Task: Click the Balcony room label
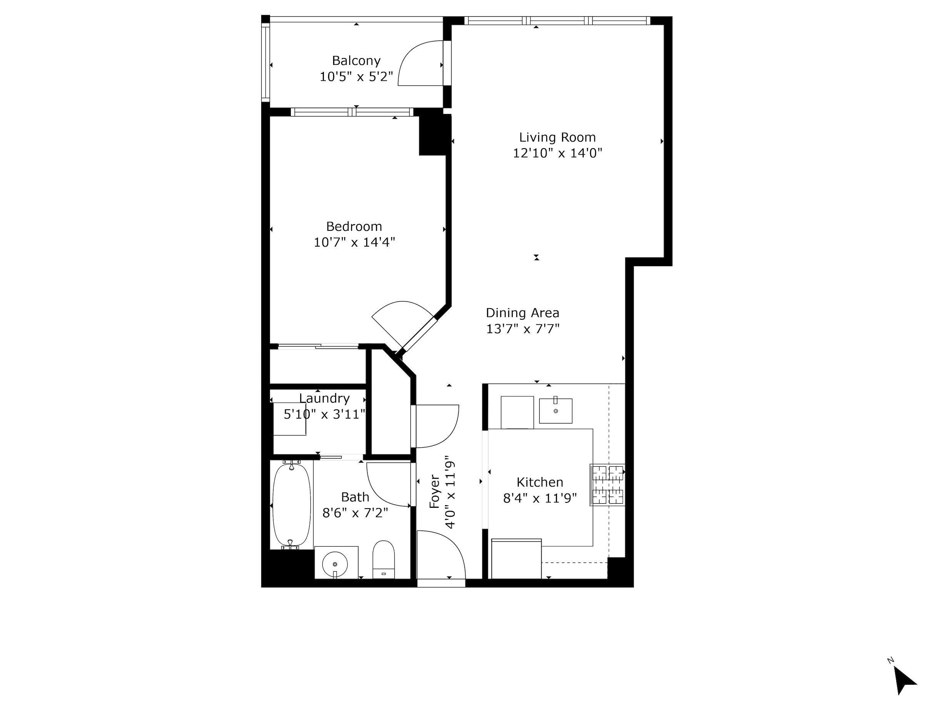pyautogui.click(x=356, y=61)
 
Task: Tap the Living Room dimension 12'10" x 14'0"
pyautogui.click(x=557, y=153)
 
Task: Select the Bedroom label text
pyautogui.click(x=354, y=226)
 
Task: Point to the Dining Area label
pyautogui.click(x=522, y=313)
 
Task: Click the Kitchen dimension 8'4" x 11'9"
pyautogui.click(x=540, y=498)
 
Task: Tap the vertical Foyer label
pyautogui.click(x=434, y=492)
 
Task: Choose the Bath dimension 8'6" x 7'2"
pyautogui.click(x=355, y=513)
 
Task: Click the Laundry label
pyautogui.click(x=324, y=398)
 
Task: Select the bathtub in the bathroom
pyautogui.click(x=291, y=505)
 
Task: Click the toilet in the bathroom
pyautogui.click(x=384, y=560)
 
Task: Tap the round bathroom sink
pyautogui.click(x=335, y=564)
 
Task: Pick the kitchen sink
pyautogui.click(x=555, y=410)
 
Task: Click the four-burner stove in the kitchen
pyautogui.click(x=607, y=484)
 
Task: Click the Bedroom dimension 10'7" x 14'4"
pyautogui.click(x=354, y=242)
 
